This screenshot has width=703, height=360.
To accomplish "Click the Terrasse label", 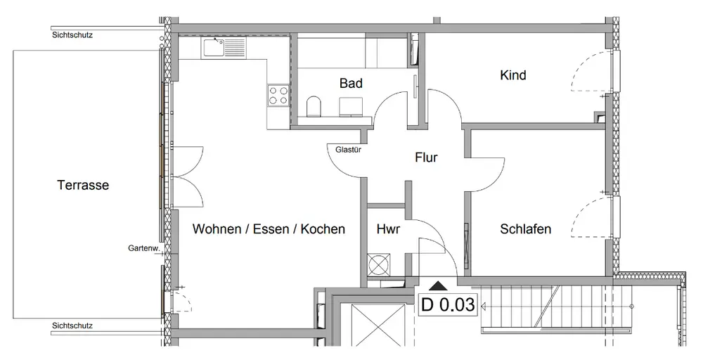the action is coord(83,186).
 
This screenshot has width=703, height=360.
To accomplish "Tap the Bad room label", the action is coord(351,84).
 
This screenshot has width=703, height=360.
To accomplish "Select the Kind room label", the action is coord(512,75).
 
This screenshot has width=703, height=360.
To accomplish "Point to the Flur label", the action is coord(426,157).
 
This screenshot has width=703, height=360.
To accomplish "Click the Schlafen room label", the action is coord(525,229).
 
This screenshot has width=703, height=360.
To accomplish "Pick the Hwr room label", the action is coord(388,229).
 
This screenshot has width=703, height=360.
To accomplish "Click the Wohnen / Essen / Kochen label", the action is coord(269,229).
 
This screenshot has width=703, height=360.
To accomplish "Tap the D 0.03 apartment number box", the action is coord(449,305).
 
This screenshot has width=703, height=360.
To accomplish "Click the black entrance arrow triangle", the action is coord(438,285).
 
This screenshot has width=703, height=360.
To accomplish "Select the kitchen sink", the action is coord(223,48).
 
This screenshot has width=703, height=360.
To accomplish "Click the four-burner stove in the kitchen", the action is coord(278,94).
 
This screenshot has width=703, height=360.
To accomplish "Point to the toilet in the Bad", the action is coord(315,108).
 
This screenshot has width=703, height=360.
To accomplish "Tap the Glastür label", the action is coord(349,149).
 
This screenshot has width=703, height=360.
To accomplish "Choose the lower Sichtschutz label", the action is coord(72,326).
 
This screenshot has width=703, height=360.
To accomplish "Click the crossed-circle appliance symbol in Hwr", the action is coord(378,265).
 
